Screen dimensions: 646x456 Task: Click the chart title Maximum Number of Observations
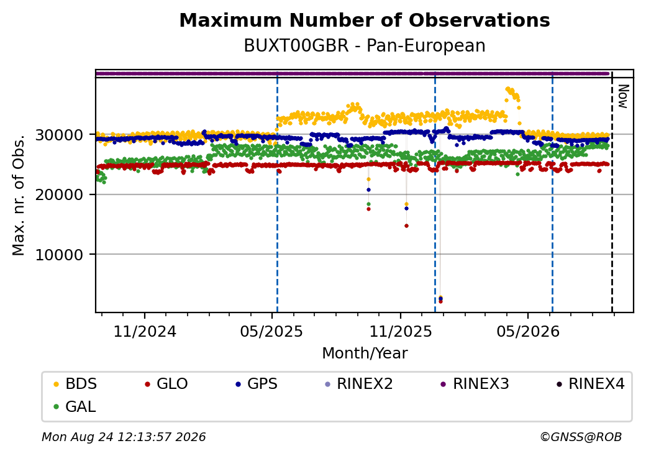pyautogui.click(x=365, y=20)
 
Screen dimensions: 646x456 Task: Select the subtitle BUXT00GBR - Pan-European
pyautogui.click(x=365, y=45)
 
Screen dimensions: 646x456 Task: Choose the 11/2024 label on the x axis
pyautogui.click(x=145, y=331)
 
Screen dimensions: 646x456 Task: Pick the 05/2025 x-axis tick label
pyautogui.click(x=271, y=331)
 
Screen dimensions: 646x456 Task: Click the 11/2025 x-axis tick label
pyautogui.click(x=401, y=331)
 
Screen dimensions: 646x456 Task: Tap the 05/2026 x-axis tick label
pyautogui.click(x=528, y=331)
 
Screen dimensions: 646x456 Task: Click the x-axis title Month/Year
pyautogui.click(x=365, y=353)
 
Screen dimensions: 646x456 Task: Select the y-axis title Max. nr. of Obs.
pyautogui.click(x=19, y=195)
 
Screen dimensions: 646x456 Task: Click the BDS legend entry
pyautogui.click(x=75, y=384)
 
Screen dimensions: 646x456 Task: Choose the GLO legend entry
pyautogui.click(x=166, y=384)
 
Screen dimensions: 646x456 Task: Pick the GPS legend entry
pyautogui.click(x=257, y=384)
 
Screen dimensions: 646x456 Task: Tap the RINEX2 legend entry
pyautogui.click(x=359, y=384)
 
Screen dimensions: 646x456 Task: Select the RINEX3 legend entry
pyautogui.click(x=475, y=384)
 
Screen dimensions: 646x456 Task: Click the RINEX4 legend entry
pyautogui.click(x=590, y=384)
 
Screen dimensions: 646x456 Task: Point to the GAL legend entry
pyautogui.click(x=75, y=406)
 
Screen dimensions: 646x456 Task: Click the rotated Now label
pyautogui.click(x=624, y=96)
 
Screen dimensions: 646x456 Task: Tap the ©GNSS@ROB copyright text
pyautogui.click(x=581, y=437)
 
